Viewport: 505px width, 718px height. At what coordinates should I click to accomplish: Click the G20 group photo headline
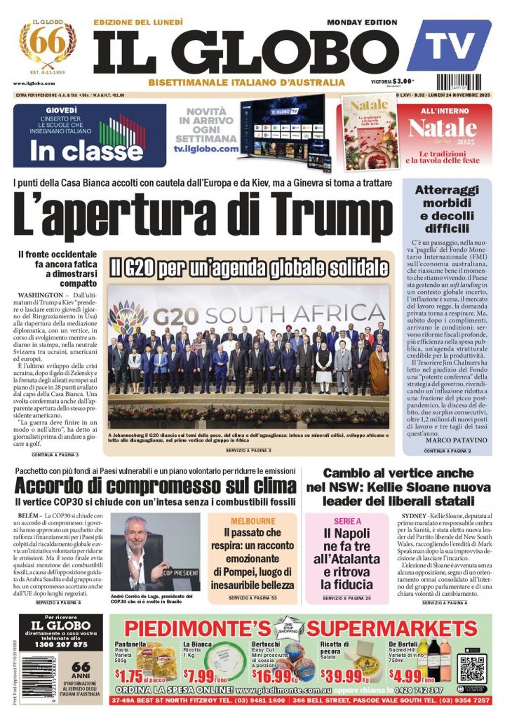(248, 268)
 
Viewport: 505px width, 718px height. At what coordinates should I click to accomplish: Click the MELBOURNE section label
(253, 522)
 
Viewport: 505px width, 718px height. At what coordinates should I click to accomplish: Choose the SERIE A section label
(348, 522)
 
